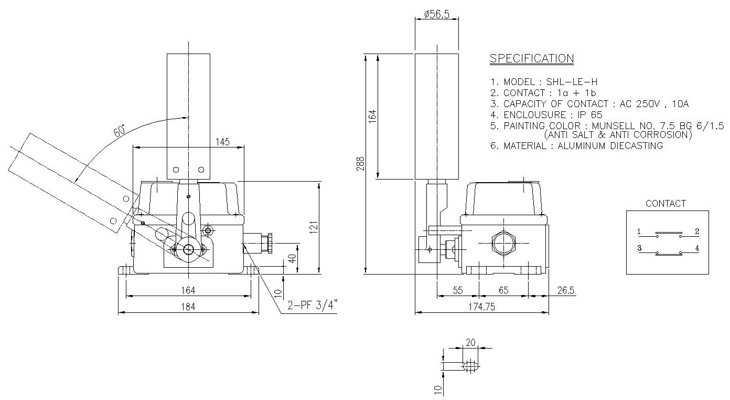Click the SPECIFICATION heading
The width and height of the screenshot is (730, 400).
pos(531,58)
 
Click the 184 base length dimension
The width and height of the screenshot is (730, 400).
pos(188,308)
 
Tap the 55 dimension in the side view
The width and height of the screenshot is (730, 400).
pos(457,290)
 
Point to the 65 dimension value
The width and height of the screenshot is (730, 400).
pos(503,290)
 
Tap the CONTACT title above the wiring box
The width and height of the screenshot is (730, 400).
pos(665,204)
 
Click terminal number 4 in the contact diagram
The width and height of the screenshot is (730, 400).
pos(697,248)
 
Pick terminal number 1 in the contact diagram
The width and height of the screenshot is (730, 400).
pos(639,231)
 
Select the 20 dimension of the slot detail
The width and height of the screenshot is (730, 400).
pos(470,342)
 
